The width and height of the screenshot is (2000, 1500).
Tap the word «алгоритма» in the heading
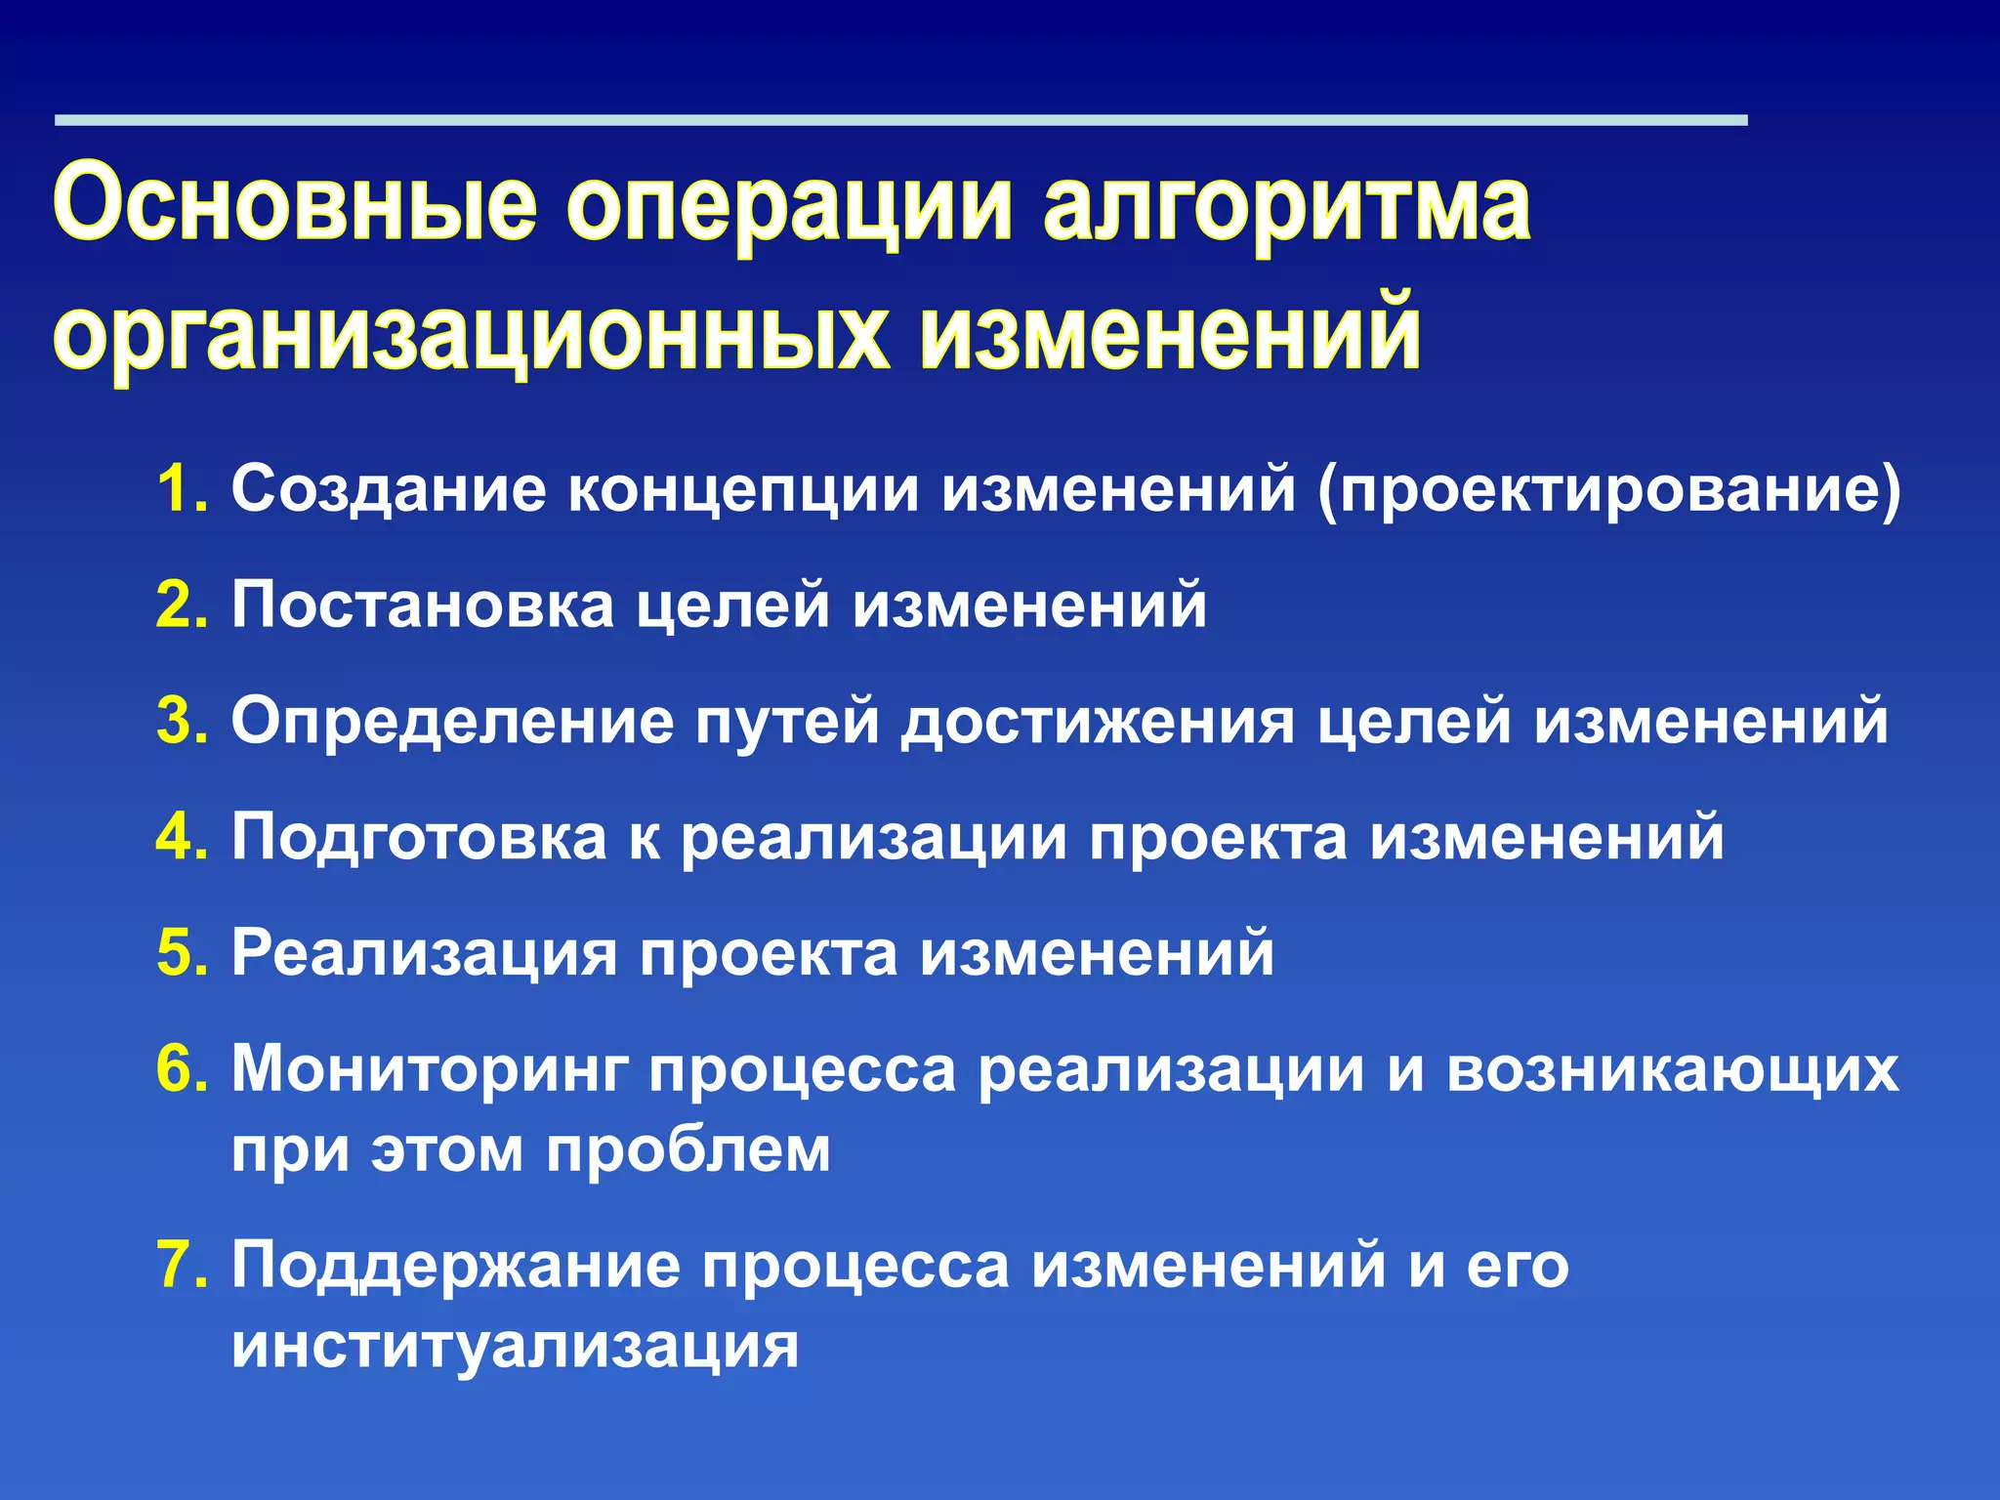click(x=1286, y=207)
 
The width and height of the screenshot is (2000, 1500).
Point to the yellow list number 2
click(x=180, y=604)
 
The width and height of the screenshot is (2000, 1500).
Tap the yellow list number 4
click(x=180, y=837)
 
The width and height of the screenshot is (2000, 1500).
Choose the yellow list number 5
click(x=180, y=953)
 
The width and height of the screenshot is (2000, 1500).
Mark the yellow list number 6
click(x=180, y=1069)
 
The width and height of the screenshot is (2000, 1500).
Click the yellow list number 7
click(x=180, y=1265)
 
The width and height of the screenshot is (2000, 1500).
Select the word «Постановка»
click(x=423, y=604)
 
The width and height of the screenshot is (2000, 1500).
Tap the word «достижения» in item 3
click(x=1098, y=723)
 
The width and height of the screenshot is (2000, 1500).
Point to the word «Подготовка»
click(x=419, y=837)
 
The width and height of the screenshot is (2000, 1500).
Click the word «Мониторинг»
click(x=430, y=1071)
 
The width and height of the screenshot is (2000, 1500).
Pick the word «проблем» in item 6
click(x=688, y=1150)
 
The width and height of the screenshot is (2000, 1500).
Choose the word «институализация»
click(x=516, y=1345)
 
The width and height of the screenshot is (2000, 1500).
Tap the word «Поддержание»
click(x=455, y=1267)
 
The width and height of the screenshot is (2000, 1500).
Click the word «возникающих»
click(x=1673, y=1071)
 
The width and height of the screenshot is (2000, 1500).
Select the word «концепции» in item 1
click(x=743, y=490)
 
